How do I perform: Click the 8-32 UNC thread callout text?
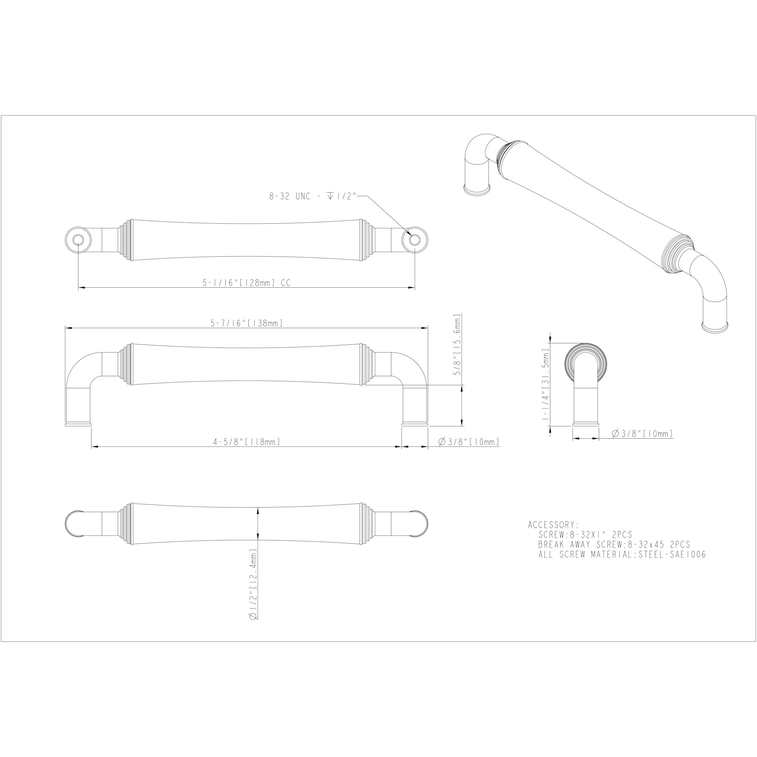(313, 196)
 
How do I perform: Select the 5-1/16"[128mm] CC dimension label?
(246, 282)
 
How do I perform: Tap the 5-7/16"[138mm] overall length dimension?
(246, 323)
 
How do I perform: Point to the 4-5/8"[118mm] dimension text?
(246, 442)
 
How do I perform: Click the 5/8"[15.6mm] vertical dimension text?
(458, 345)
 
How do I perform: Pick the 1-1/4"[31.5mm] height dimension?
(545, 385)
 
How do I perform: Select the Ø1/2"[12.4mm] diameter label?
(253, 585)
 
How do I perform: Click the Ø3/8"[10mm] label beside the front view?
(469, 442)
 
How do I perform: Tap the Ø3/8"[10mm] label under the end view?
(642, 433)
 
